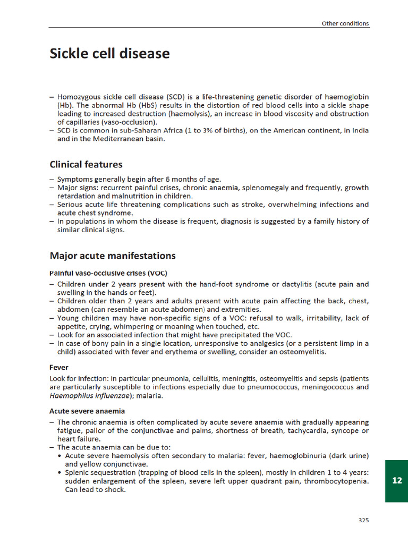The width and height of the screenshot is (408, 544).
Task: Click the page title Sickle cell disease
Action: point(109,54)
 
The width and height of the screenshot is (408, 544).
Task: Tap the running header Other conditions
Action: point(345,23)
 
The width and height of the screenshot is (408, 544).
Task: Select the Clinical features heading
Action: point(86,165)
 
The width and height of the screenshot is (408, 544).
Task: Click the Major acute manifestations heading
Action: point(112,256)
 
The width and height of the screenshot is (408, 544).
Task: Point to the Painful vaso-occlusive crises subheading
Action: point(108,273)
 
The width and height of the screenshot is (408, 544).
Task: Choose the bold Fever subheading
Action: point(58,367)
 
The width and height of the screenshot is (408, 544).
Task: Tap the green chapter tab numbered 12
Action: point(396,481)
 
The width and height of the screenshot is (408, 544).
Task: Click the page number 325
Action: point(363,520)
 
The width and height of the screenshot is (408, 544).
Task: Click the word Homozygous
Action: point(79,97)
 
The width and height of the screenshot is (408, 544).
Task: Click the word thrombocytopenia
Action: point(338,481)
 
